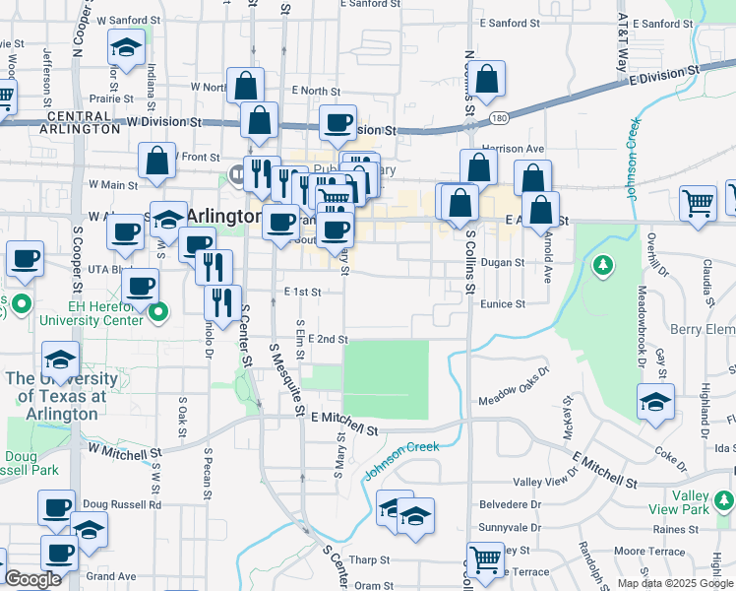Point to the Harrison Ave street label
click(x=514, y=149)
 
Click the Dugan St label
click(x=504, y=263)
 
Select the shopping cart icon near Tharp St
click(x=486, y=559)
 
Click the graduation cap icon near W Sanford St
click(x=126, y=47)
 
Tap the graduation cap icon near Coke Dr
click(x=655, y=401)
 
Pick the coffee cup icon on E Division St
click(x=338, y=123)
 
